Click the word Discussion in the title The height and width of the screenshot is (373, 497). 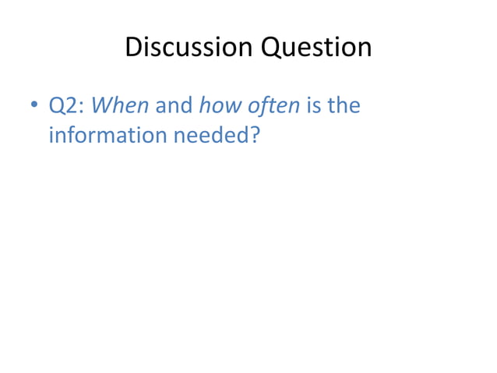point(189,48)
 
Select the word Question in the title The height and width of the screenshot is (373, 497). point(316,48)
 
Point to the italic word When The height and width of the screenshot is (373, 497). point(120,105)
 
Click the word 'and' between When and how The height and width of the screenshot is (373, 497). point(174,105)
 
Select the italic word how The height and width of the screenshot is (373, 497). point(222,105)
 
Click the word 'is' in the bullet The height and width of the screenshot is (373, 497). point(315,105)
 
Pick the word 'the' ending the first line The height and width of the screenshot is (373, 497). point(344,105)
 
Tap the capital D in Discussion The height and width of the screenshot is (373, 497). point(132,48)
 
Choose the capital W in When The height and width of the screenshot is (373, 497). point(102,105)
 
